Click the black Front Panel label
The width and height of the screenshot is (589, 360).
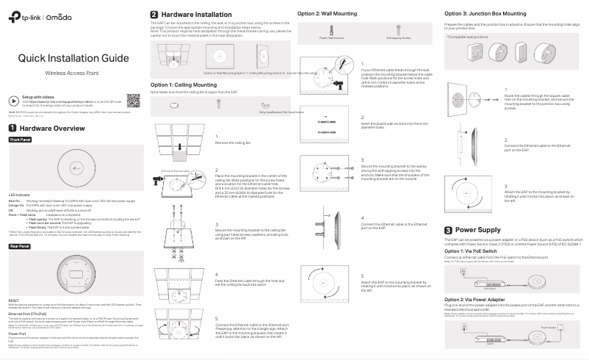[x=21, y=139]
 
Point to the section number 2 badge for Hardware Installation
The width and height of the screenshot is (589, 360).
[x=153, y=14]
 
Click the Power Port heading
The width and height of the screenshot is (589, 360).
[x=18, y=333]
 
